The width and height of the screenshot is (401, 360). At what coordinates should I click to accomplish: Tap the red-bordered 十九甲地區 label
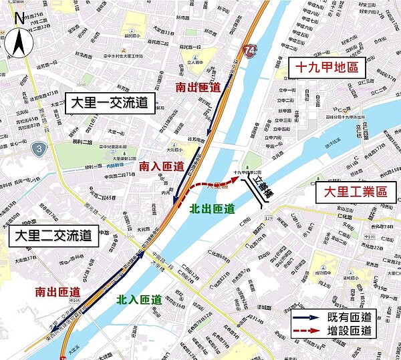pos(327,67)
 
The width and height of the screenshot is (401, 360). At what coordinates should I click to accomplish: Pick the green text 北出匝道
pos(213,209)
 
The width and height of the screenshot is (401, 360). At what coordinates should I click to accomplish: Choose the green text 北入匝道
pos(138,299)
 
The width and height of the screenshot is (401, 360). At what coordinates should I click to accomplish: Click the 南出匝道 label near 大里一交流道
pos(198,87)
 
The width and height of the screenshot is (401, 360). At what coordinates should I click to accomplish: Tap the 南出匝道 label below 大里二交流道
pos(59,292)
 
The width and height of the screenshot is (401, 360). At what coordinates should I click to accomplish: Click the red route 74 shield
pos(249,50)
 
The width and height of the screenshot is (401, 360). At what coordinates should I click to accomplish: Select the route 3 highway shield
pos(41,147)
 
